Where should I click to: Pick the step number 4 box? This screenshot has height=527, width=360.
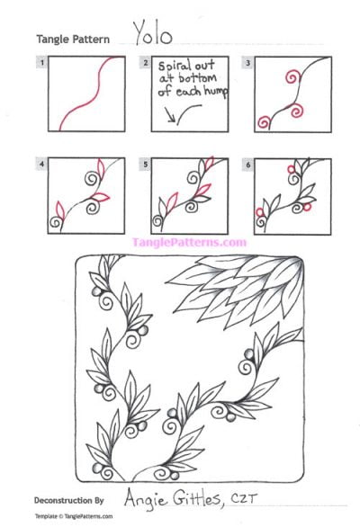pos(41,165)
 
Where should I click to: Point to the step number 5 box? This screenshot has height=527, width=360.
pos(145,165)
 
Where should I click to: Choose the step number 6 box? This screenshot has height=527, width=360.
pos(248,165)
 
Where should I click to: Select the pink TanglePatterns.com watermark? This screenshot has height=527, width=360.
pos(189,242)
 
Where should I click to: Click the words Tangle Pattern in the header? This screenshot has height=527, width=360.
pos(75,39)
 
